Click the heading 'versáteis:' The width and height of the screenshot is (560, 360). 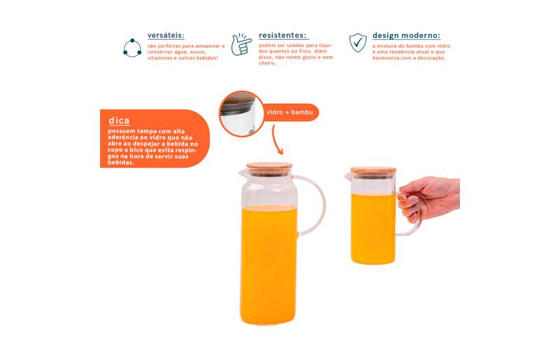point(166,36)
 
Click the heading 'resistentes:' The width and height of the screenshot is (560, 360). point(283,35)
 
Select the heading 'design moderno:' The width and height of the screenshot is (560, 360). point(407,36)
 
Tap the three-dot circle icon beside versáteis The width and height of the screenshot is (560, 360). point(132,48)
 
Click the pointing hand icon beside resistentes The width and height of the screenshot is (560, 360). point(241,44)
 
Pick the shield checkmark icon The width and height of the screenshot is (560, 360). point(358,43)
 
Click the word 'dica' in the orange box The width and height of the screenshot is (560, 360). point(119,120)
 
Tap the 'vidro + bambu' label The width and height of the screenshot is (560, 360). point(290,112)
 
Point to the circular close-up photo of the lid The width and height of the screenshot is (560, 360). point(241,113)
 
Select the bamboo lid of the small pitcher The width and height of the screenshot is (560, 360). point(373,170)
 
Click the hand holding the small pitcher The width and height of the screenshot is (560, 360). point(428,197)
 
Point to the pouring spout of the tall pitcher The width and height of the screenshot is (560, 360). point(242,173)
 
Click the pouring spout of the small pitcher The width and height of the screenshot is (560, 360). point(348,176)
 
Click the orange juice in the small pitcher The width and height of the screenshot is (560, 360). point(373,228)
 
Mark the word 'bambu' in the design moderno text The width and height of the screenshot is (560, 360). point(410,46)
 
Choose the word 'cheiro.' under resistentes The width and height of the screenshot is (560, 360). point(267,63)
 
